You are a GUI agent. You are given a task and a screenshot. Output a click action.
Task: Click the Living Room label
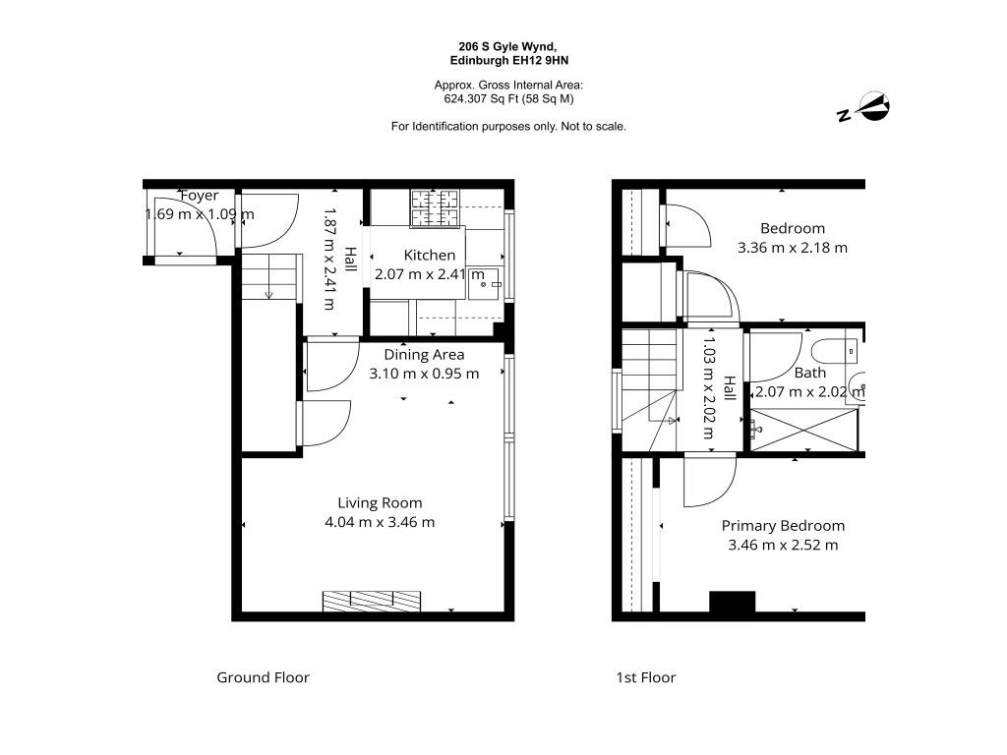[x=380, y=502]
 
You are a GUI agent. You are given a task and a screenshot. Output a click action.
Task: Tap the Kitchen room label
[x=429, y=255]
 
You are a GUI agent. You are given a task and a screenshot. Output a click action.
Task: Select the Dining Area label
[x=424, y=354]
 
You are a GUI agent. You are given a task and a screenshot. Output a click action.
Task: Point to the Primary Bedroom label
[x=783, y=526]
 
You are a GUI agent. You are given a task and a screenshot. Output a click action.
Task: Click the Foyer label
[x=199, y=196]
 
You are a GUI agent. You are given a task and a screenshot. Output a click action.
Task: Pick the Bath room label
[x=810, y=373]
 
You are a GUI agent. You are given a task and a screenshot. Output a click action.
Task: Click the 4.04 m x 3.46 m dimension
[x=380, y=522]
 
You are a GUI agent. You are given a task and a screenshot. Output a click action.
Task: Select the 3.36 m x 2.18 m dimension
[x=793, y=247]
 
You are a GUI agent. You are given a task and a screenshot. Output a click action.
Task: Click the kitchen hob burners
[x=435, y=208]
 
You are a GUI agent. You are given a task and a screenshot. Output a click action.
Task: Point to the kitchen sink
[x=484, y=283]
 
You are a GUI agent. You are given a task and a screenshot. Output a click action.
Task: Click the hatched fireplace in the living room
[x=372, y=602]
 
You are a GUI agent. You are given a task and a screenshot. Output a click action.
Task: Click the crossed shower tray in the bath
[x=804, y=431]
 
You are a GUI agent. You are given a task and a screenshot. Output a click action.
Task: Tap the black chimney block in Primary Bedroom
[x=732, y=603]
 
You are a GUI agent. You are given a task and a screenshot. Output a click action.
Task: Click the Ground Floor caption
[x=263, y=677]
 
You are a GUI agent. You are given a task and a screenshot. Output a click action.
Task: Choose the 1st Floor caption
[x=645, y=677]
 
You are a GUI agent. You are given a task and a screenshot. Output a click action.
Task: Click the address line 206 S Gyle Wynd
[x=507, y=46]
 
